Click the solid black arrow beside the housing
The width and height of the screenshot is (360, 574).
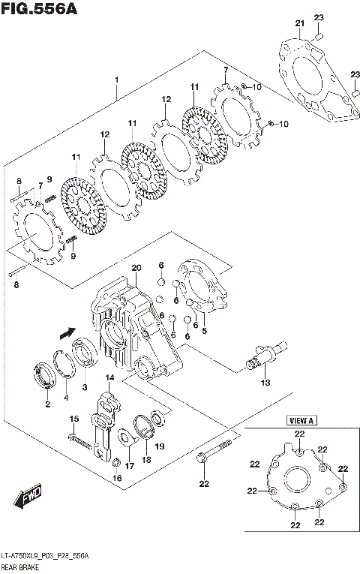pyautogui.click(x=67, y=331)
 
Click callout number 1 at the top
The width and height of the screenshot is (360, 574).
pyautogui.click(x=116, y=79)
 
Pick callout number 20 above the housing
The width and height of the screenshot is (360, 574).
pyautogui.click(x=136, y=268)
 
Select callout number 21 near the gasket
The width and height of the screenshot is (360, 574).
pyautogui.click(x=300, y=24)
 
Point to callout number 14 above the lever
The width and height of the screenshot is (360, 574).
pyautogui.click(x=109, y=377)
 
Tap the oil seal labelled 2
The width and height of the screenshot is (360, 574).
pyautogui.click(x=46, y=375)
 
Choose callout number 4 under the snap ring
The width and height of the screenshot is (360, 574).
pyautogui.click(x=66, y=397)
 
